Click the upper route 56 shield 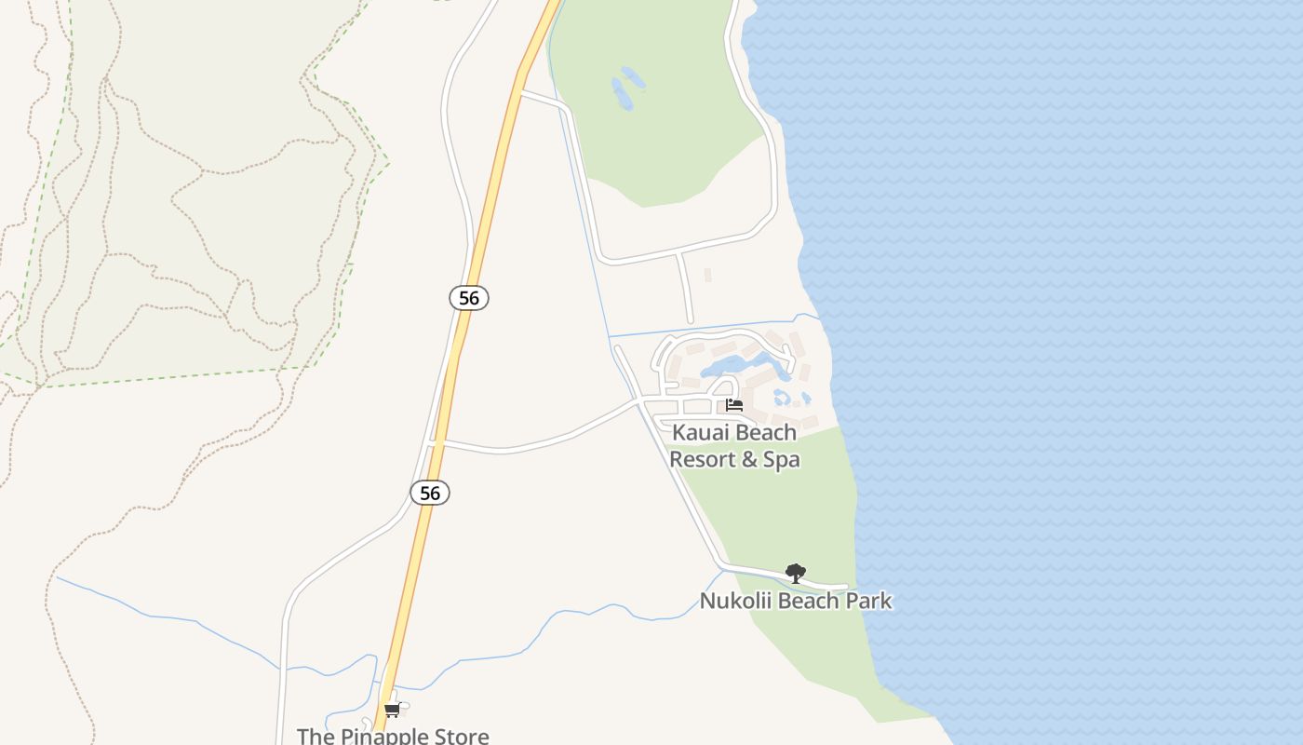coord(469,298)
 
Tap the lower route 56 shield coord(430,493)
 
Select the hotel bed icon coord(734,405)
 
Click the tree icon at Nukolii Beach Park coord(795,573)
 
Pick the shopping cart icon coord(392,711)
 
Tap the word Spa coord(782,459)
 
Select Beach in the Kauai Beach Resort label coord(766,432)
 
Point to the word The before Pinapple coord(315,737)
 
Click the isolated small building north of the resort coord(707,275)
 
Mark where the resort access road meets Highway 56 coord(434,443)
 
